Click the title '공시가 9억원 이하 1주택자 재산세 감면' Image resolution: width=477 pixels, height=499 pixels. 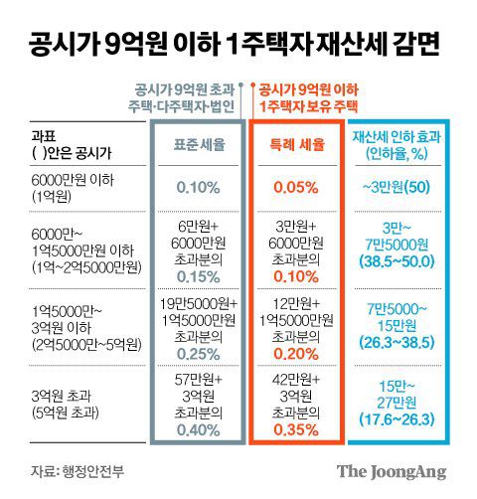coord(238,44)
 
